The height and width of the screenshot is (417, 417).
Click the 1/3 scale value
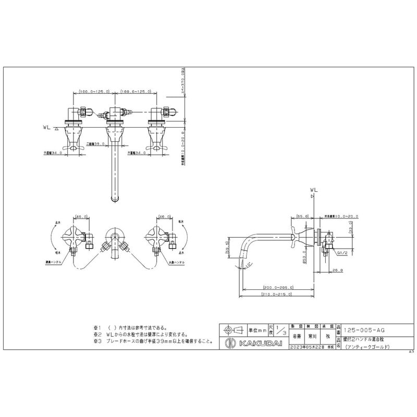point(281,329)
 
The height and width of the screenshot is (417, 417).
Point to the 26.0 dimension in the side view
point(337,270)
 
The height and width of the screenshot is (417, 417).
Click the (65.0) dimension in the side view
point(302,216)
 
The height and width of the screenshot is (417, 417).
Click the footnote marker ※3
point(96,341)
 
